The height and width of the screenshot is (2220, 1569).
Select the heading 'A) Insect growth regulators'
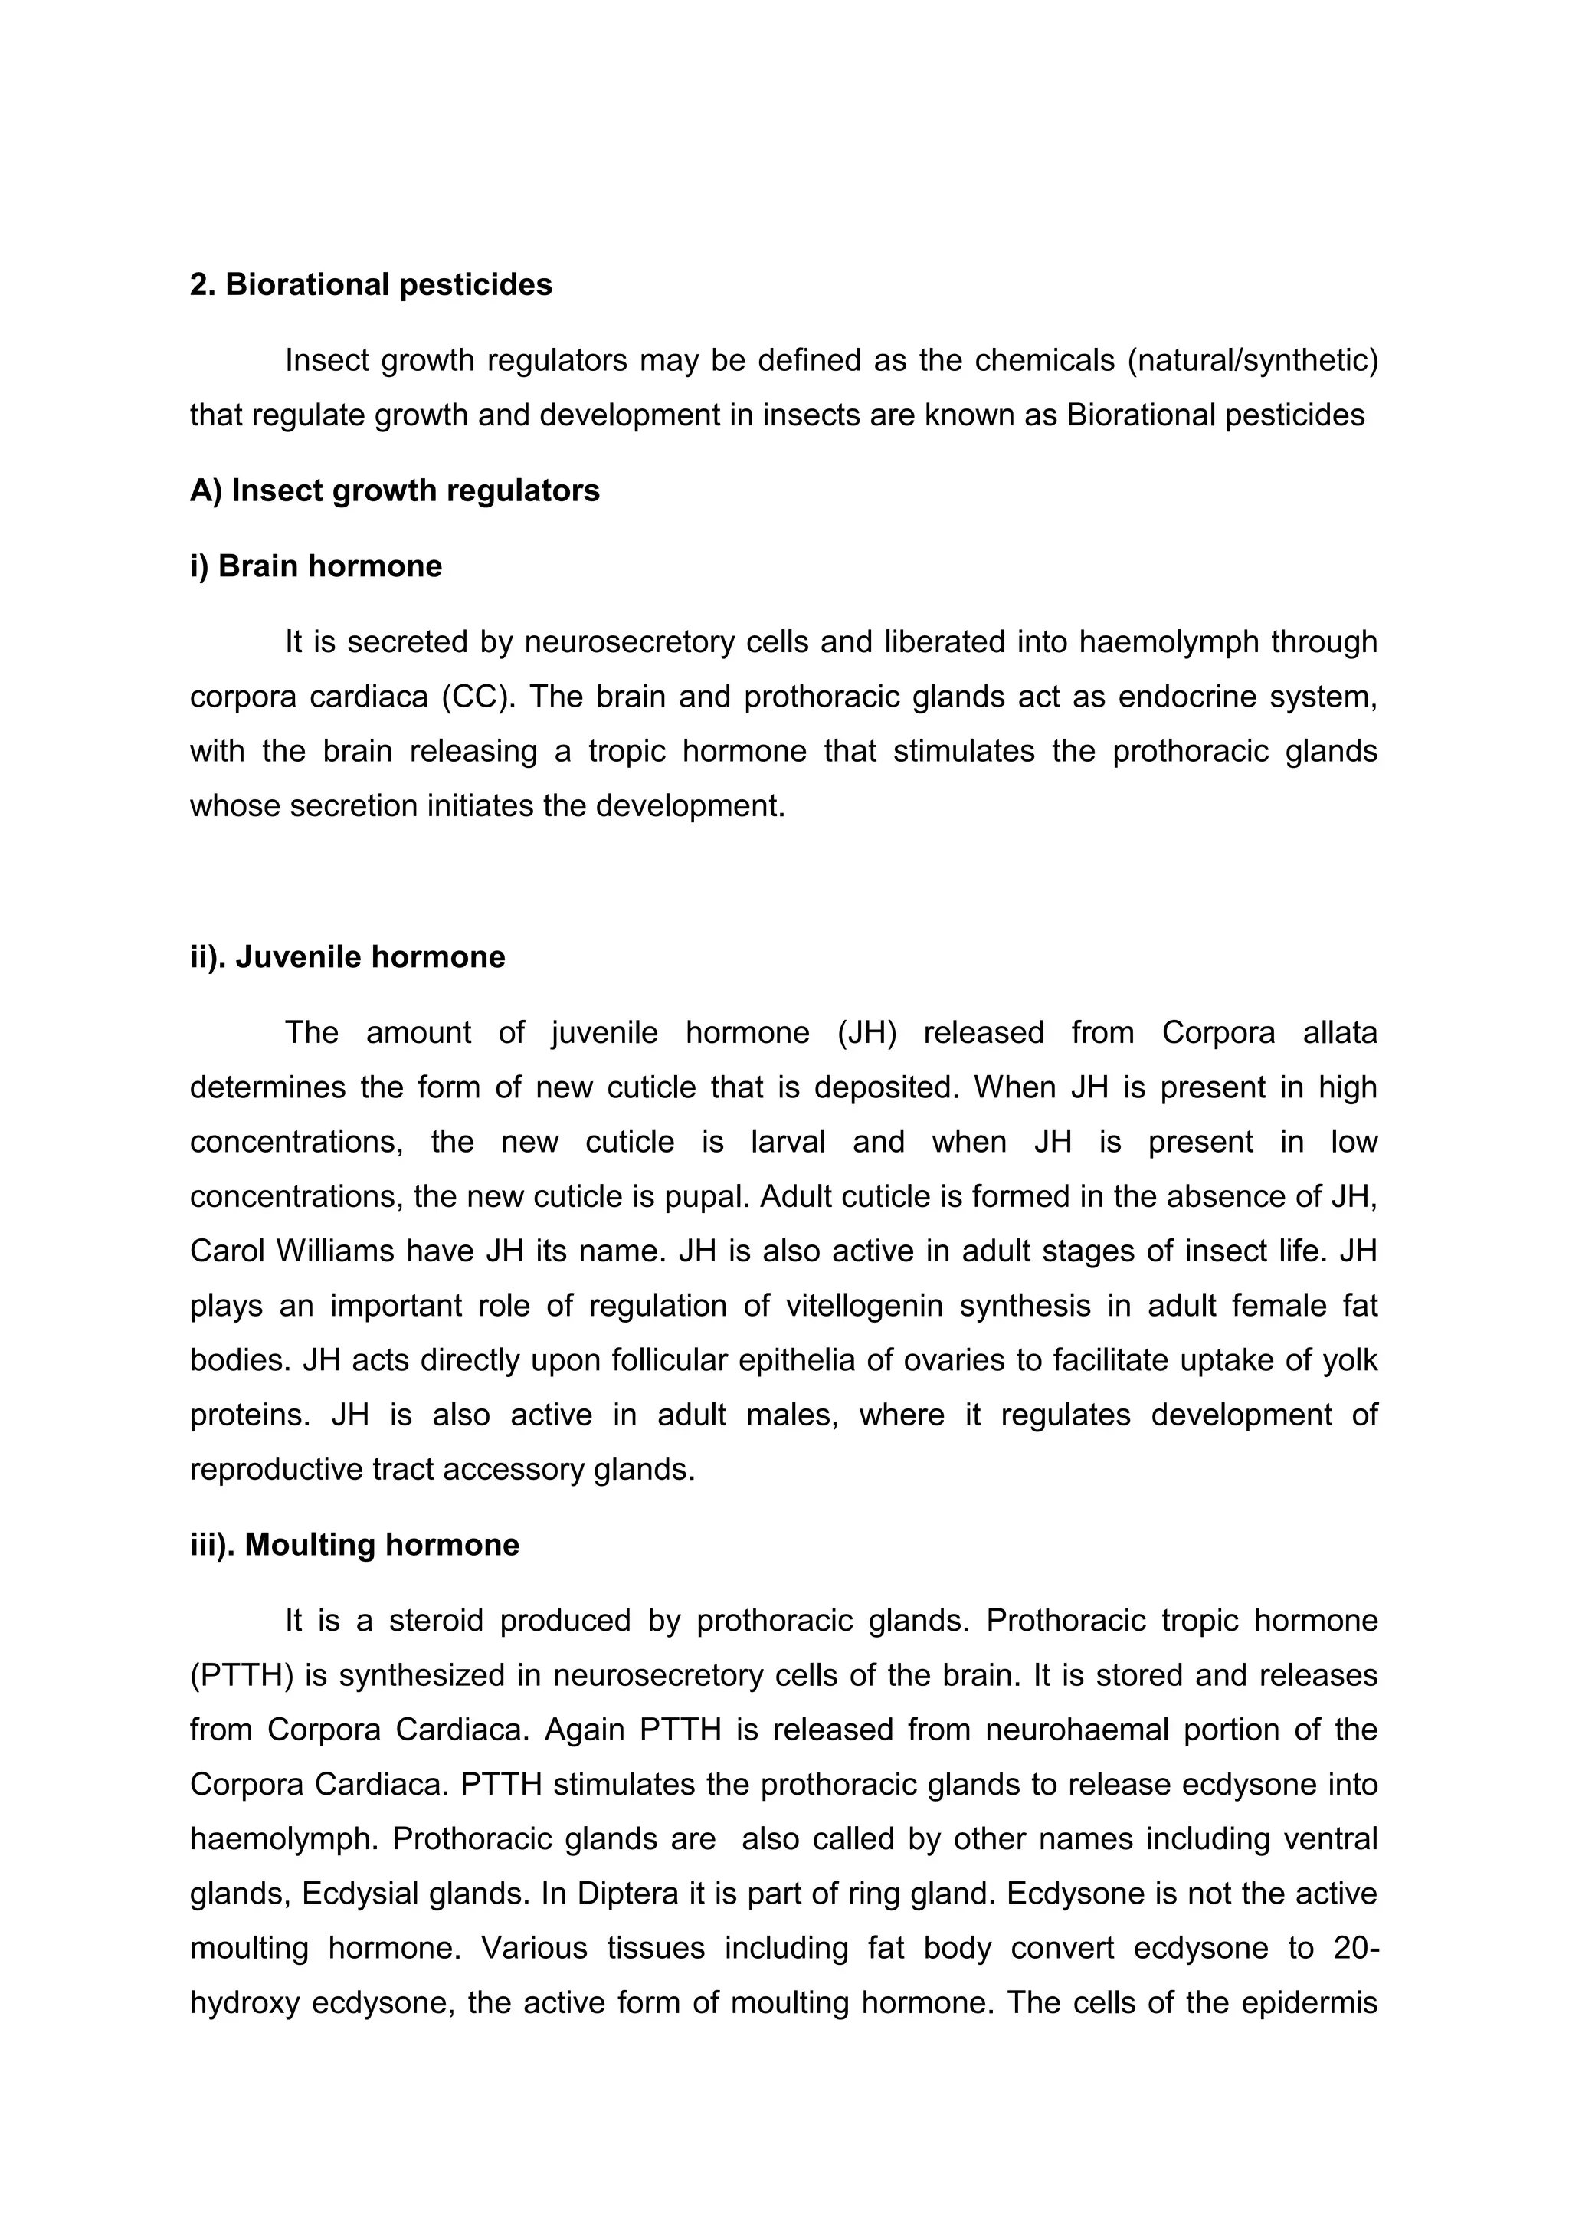[395, 490]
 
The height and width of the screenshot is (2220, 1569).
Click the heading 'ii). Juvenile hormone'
[347, 956]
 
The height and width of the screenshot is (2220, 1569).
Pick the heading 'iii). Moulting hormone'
[354, 1544]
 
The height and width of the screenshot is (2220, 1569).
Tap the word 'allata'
[1339, 1033]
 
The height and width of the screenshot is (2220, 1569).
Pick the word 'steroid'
[435, 1619]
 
